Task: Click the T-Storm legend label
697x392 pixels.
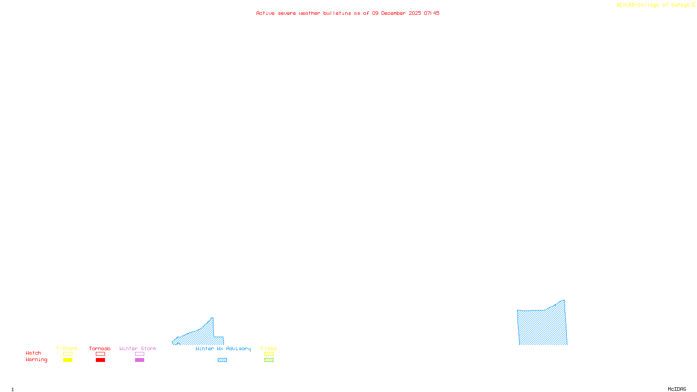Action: (67, 348)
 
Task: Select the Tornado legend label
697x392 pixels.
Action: (100, 348)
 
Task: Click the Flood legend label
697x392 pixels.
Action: (269, 348)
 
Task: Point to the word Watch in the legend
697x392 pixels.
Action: (34, 353)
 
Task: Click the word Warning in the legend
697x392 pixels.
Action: (37, 360)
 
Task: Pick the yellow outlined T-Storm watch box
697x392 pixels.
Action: (68, 354)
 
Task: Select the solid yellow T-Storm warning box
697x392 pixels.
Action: (68, 360)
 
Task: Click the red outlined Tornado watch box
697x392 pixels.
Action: (100, 354)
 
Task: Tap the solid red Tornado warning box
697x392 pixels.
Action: (100, 360)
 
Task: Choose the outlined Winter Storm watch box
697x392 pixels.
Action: (139, 354)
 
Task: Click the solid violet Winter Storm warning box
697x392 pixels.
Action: (139, 360)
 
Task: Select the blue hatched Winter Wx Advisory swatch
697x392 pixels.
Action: (222, 360)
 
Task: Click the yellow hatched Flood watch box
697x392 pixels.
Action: (269, 354)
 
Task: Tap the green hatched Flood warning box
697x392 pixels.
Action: (269, 360)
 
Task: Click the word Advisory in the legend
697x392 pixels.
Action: (238, 348)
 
